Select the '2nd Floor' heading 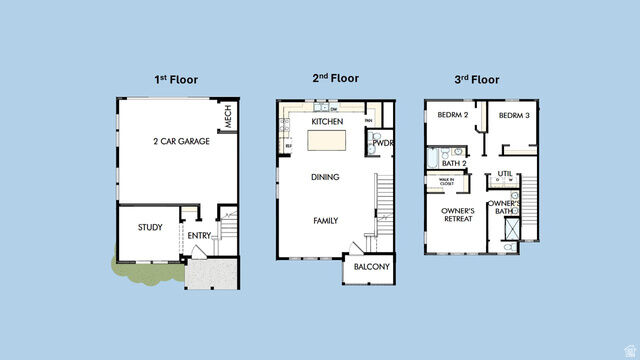coord(335,77)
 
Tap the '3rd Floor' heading coord(476,79)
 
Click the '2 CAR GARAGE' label coord(181,142)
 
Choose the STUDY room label coord(150,228)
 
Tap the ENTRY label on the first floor coord(199,235)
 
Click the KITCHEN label coord(327,121)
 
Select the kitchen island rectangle coord(326,139)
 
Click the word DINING coord(325,177)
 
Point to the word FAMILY coord(325,220)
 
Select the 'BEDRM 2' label coord(452,116)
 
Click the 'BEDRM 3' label coord(513,116)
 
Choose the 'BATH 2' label coord(455,163)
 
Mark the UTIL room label coord(504,173)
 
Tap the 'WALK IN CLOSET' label coord(440,182)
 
